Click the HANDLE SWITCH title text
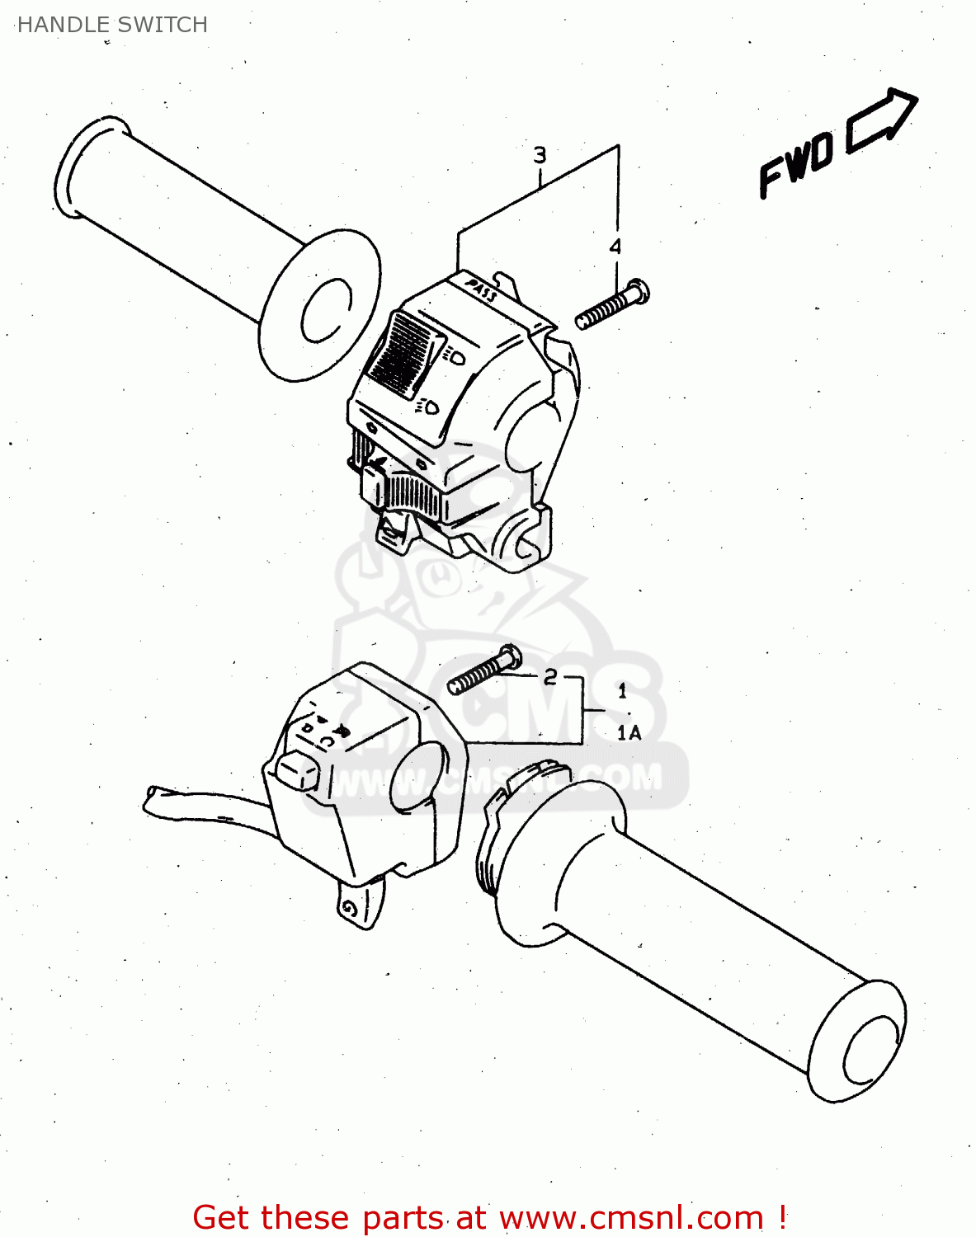[x=112, y=25]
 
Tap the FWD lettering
[x=796, y=165]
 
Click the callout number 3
[x=540, y=155]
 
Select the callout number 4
[x=615, y=246]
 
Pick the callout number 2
[x=550, y=677]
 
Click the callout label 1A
[x=629, y=732]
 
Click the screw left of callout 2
[x=483, y=670]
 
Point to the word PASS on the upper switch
[x=482, y=289]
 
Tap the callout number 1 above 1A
[x=622, y=691]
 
